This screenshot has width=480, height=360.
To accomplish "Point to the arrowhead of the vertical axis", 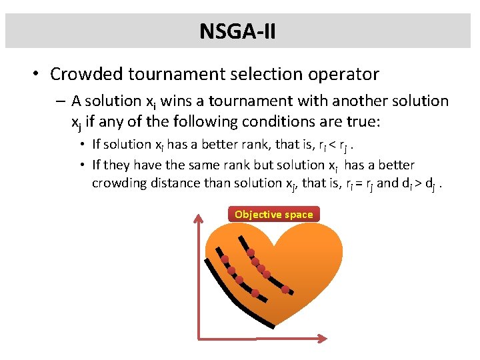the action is point(199,219).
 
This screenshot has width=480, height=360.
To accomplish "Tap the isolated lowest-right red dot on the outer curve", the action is point(285,289).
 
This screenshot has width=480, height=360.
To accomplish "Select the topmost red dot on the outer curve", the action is point(251,253).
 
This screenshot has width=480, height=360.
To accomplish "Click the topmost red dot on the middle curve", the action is point(225,259).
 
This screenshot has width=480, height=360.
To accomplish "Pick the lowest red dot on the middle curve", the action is point(255,293).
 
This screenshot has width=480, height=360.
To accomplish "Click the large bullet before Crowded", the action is point(33,74).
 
